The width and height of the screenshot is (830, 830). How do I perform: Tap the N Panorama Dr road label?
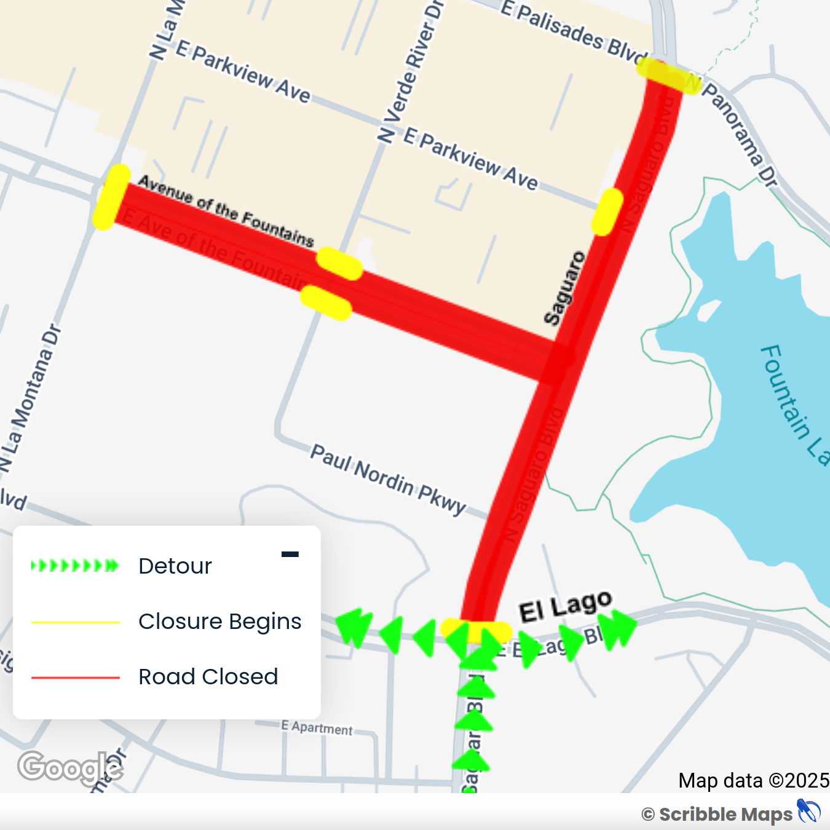[738, 132]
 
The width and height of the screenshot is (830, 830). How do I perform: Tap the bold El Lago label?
[565, 606]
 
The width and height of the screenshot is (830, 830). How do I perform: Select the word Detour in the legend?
[175, 566]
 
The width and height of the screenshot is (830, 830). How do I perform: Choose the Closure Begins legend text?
[219, 622]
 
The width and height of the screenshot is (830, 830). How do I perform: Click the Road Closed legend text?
[208, 677]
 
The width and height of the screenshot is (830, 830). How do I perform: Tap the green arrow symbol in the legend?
[75, 566]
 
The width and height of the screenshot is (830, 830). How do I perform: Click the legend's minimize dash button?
[290, 555]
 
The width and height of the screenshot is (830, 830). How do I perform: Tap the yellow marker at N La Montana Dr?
[112, 197]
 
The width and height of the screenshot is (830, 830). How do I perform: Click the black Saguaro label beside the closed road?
[564, 288]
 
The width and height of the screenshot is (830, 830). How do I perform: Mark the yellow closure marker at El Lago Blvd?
[476, 631]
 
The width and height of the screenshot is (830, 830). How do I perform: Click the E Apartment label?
[317, 728]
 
